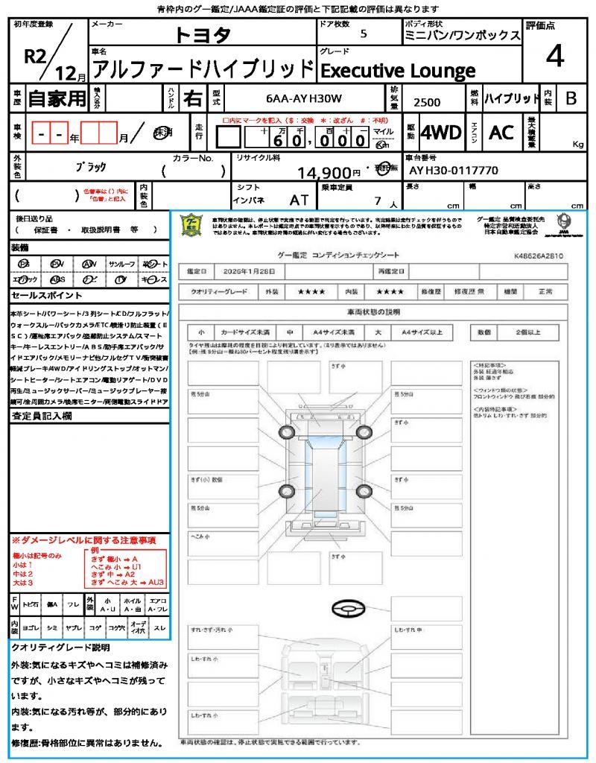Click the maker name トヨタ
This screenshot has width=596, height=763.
[x=203, y=36]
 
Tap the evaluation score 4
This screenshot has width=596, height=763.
[x=554, y=56]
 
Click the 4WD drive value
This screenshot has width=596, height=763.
[x=440, y=133]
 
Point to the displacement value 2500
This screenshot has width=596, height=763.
[x=427, y=102]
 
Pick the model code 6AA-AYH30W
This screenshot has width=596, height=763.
[x=304, y=98]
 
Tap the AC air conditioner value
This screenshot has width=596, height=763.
[x=501, y=133]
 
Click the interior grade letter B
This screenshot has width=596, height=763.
[x=571, y=98]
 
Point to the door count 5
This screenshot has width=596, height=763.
[x=363, y=34]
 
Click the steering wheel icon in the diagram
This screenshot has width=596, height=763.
[x=348, y=610]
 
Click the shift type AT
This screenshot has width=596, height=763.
[x=299, y=200]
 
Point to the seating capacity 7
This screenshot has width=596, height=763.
[x=377, y=200]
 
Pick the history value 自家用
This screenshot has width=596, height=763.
[x=57, y=98]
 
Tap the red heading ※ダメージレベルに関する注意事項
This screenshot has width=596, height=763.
[x=83, y=539]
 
